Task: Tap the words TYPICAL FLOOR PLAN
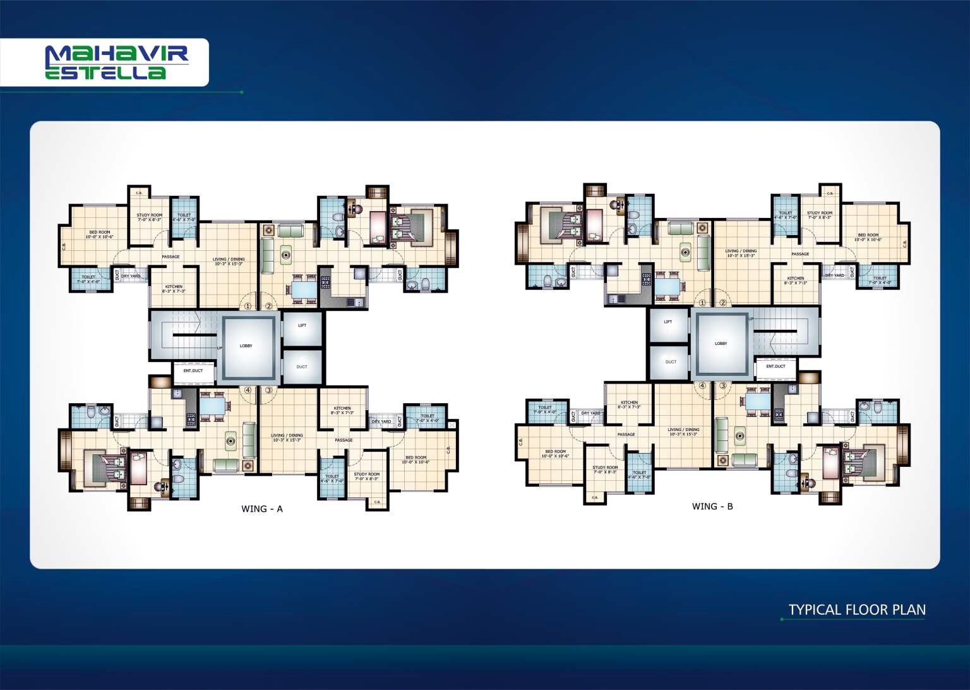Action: pyautogui.click(x=857, y=610)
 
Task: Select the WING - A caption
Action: pyautogui.click(x=262, y=509)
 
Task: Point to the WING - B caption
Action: pyautogui.click(x=712, y=506)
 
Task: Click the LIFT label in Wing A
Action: pyautogui.click(x=302, y=325)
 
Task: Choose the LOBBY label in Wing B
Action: pyautogui.click(x=721, y=344)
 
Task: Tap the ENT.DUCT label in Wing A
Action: pyautogui.click(x=193, y=371)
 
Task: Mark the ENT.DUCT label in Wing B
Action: pyautogui.click(x=775, y=366)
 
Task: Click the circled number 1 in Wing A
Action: pyautogui.click(x=248, y=306)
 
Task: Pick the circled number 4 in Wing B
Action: pyautogui.click(x=702, y=385)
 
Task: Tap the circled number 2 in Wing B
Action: pyautogui.click(x=723, y=303)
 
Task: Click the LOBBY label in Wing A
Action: pyautogui.click(x=246, y=346)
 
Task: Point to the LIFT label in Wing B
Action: pyautogui.click(x=668, y=322)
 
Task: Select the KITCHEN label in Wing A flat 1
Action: pyautogui.click(x=174, y=287)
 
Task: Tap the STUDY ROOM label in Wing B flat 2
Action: pyautogui.click(x=819, y=214)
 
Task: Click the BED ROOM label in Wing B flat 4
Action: pyautogui.click(x=555, y=453)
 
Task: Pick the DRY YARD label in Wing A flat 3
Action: pyautogui.click(x=381, y=421)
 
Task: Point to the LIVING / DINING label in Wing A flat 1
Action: pyautogui.click(x=229, y=260)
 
